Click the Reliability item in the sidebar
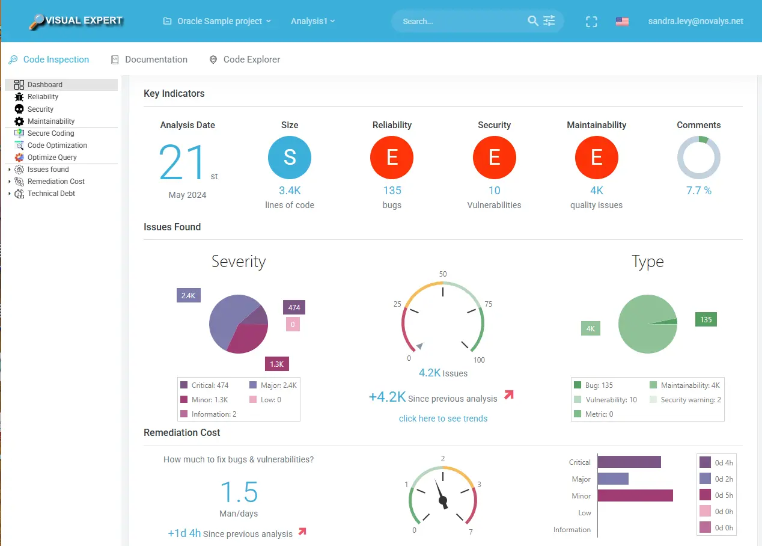[43, 97]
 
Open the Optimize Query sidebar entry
[52, 158]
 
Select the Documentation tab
[156, 60]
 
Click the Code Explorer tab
[251, 60]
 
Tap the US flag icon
[622, 22]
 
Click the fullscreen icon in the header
[591, 22]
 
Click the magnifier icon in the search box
[532, 21]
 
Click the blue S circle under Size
[290, 158]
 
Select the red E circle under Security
[494, 158]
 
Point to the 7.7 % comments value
[698, 191]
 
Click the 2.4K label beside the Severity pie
[188, 295]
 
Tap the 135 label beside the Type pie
[706, 319]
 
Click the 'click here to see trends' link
[443, 419]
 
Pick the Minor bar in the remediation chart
[635, 495]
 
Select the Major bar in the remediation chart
[613, 479]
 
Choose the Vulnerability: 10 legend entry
[611, 400]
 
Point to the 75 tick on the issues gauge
[488, 304]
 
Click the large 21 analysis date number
[183, 162]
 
